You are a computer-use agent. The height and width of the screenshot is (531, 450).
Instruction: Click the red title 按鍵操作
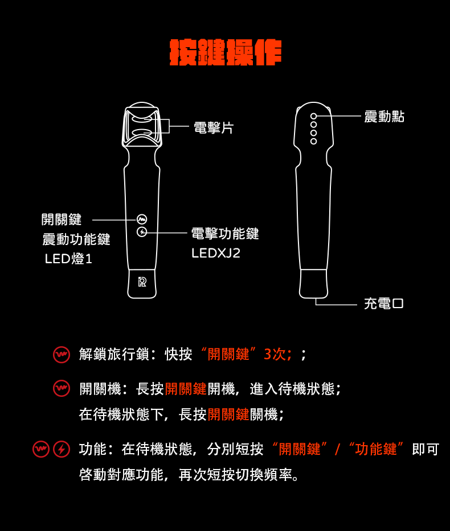pyautogui.click(x=226, y=52)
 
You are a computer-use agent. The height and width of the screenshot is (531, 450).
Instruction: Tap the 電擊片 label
pyautogui.click(x=214, y=128)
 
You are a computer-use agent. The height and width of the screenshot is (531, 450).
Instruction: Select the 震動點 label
pyautogui.click(x=384, y=117)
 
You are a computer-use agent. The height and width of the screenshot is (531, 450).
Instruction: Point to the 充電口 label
pyautogui.click(x=384, y=304)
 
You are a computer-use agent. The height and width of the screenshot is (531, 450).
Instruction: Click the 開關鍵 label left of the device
pyautogui.click(x=62, y=219)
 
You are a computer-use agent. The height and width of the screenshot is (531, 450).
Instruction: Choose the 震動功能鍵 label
pyautogui.click(x=76, y=239)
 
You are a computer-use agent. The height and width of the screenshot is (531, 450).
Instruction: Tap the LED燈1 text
pyautogui.click(x=68, y=259)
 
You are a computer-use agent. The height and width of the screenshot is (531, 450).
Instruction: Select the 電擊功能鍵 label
pyautogui.click(x=225, y=234)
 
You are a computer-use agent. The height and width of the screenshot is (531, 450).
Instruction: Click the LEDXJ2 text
pyautogui.click(x=216, y=253)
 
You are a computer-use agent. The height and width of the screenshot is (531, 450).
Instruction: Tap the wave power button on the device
pyautogui.click(x=142, y=219)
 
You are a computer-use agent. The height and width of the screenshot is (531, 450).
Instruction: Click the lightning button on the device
pyautogui.click(x=142, y=232)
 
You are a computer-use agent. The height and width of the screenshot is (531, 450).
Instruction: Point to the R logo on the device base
pyautogui.click(x=142, y=282)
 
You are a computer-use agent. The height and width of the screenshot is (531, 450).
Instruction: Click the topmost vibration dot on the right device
pyautogui.click(x=313, y=116)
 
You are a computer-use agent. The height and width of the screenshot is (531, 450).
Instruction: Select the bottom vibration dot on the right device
pyautogui.click(x=313, y=141)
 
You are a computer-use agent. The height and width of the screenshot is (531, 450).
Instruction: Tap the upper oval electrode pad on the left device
pyautogui.click(x=142, y=119)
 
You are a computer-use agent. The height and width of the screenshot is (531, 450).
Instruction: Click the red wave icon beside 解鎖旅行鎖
pyautogui.click(x=62, y=355)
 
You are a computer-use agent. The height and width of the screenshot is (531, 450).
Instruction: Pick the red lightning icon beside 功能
pyautogui.click(x=62, y=449)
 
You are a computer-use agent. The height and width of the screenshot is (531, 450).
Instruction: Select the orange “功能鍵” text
pyautogui.click(x=376, y=449)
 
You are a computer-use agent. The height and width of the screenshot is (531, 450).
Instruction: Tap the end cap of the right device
pyautogui.click(x=313, y=284)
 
